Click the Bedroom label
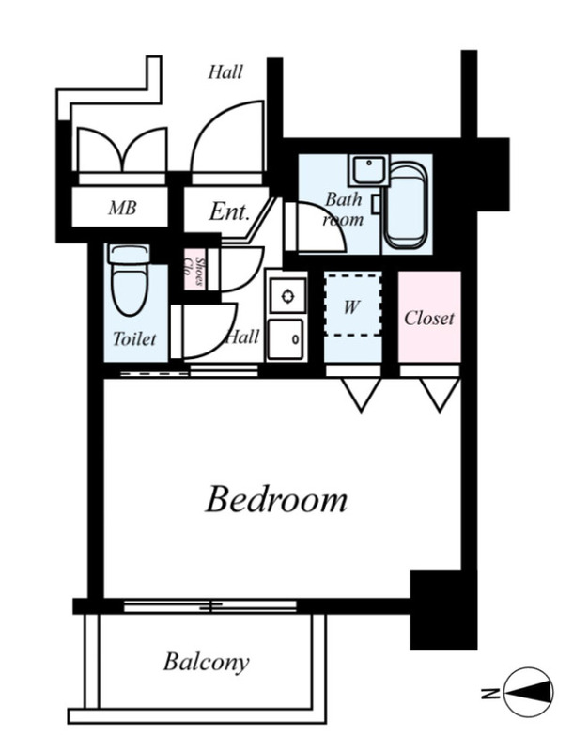pos(276,499)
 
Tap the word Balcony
pos(206,663)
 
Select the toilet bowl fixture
pos(130,279)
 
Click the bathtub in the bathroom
pos(405,206)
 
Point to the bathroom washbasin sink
pos(368,170)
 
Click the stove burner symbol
pos(287,296)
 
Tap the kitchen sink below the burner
pos(286,339)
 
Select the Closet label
pos(428,318)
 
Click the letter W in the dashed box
pos(351,306)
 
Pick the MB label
pos(122,208)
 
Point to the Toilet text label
pos(134,338)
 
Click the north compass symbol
pos(529,692)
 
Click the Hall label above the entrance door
pos(225,72)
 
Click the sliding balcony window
pos(209,606)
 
